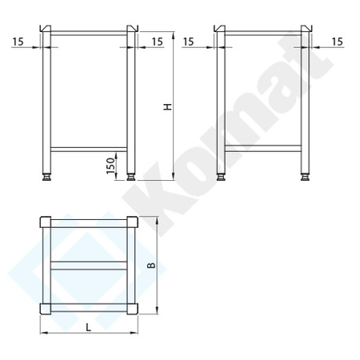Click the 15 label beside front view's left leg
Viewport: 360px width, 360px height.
pos(18,39)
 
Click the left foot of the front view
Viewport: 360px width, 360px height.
pos(46,177)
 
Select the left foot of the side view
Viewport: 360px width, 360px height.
pos(221,177)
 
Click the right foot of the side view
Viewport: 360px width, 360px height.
pos(306,177)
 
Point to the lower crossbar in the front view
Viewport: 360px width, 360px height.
pos(89,148)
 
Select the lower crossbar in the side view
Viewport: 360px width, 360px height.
pos(263,148)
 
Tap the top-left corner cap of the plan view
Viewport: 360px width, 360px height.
pos(46,222)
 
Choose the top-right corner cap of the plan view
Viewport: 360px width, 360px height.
pos(132,222)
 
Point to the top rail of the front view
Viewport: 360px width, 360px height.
pos(89,34)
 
